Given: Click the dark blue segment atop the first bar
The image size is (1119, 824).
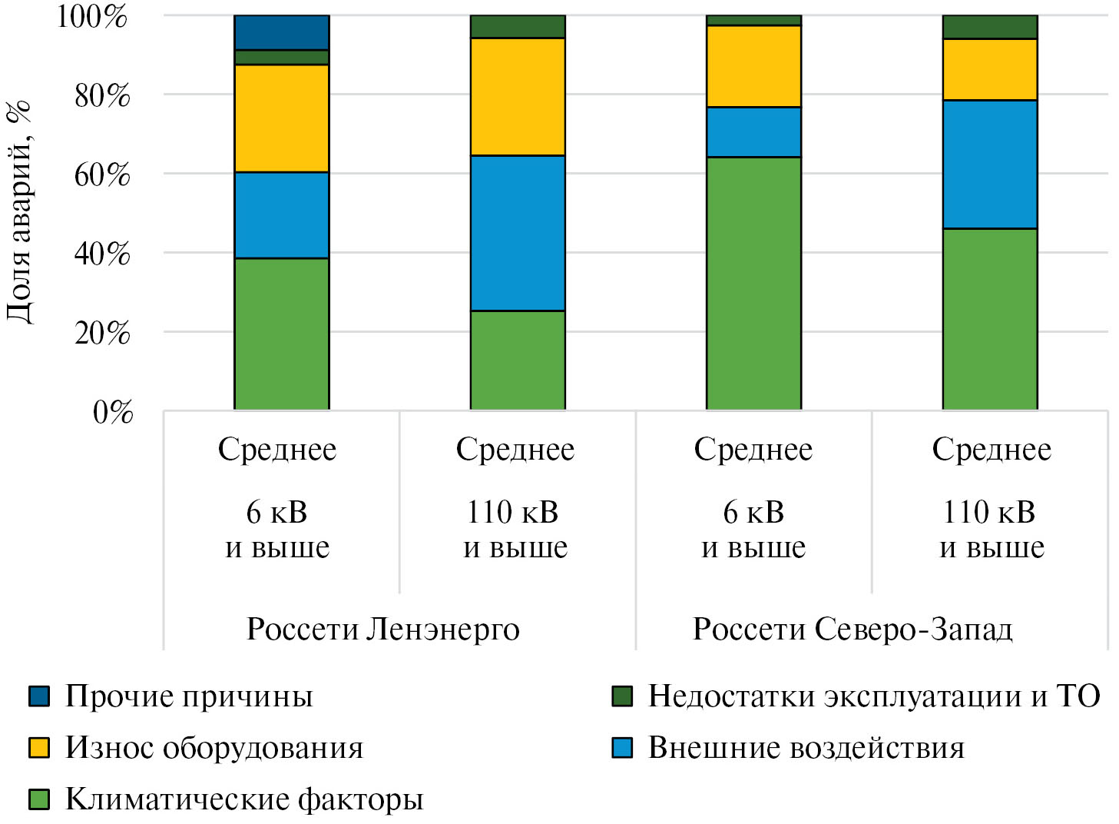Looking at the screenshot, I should click(281, 32).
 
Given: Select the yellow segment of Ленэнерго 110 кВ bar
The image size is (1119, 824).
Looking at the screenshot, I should click(517, 97).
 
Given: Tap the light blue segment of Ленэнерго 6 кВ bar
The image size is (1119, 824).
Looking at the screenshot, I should click(281, 215).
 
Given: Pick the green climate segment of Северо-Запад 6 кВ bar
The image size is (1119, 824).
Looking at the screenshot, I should click(753, 283).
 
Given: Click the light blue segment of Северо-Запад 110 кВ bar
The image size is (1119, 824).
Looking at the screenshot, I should click(989, 164).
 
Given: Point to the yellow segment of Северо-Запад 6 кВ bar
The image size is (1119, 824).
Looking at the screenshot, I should click(753, 66).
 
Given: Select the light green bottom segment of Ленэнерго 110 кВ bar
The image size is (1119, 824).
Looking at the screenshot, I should click(517, 360).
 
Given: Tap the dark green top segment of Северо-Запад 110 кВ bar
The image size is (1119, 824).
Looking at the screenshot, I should click(989, 27).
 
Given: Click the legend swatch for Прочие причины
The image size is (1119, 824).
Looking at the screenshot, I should click(39, 696).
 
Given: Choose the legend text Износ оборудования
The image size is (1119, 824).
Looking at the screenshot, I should click(214, 748).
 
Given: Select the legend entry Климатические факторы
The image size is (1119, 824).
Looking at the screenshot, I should click(243, 799).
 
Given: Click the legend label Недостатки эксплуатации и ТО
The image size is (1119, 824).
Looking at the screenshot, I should click(873, 696).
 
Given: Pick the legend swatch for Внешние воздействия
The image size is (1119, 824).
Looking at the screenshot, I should click(622, 748).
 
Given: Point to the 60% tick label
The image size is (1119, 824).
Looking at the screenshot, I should click(102, 175).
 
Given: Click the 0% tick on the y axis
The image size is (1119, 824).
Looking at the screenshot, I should click(113, 413).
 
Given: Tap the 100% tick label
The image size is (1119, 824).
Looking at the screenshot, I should click(92, 16).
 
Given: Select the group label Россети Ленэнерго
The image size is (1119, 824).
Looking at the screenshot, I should click(382, 630).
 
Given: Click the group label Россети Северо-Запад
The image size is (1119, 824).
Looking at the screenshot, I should click(852, 630).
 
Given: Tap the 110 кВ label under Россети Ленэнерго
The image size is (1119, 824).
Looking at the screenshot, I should click(513, 513).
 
